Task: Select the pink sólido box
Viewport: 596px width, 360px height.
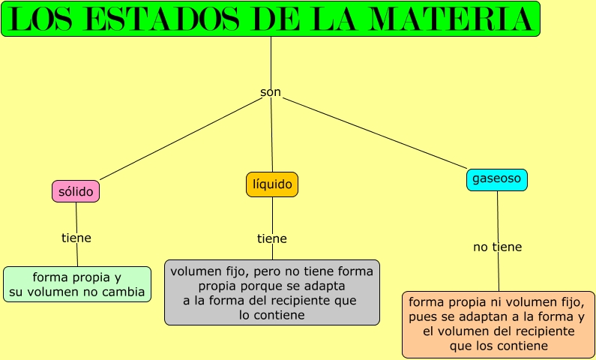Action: [x=76, y=192]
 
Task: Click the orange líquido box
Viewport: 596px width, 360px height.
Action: [x=272, y=184]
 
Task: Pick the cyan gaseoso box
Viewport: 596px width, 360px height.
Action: [x=497, y=179]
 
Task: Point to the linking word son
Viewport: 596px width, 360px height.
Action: [x=271, y=92]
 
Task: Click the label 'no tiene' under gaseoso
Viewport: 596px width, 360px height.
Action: [x=497, y=247]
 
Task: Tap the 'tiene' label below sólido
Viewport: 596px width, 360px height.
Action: [x=76, y=238]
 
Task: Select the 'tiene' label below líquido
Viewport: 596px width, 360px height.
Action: [x=272, y=238]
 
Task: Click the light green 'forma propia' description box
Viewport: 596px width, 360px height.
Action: [x=77, y=284]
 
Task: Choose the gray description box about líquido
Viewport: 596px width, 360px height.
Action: [x=272, y=292]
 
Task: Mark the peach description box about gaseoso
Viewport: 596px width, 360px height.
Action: [x=499, y=324]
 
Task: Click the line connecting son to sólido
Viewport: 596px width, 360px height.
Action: [x=180, y=140]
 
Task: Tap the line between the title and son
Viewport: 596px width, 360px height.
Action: [x=271, y=60]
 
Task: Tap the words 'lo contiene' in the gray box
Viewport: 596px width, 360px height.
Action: [x=272, y=316]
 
